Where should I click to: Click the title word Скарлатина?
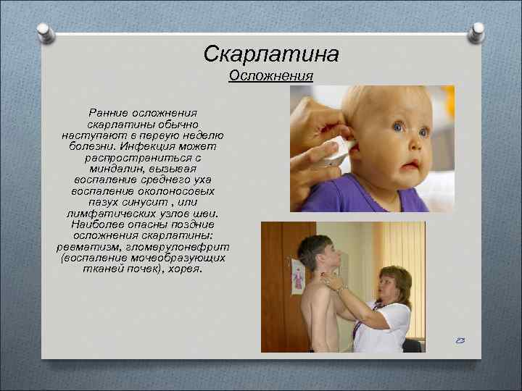click(x=271, y=54)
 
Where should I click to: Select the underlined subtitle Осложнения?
click(x=270, y=76)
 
